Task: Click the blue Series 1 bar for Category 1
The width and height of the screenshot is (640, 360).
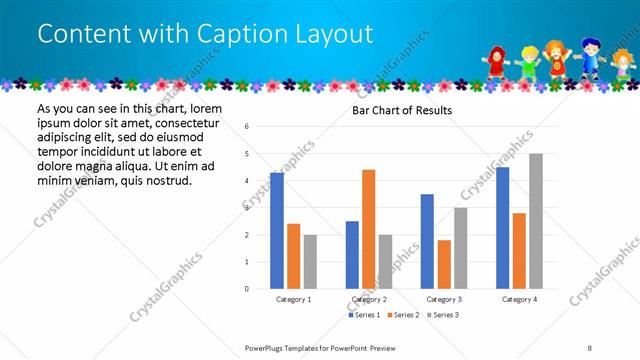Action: [277, 231]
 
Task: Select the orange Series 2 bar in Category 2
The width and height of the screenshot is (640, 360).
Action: [368, 229]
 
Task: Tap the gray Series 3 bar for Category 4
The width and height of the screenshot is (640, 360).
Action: [536, 221]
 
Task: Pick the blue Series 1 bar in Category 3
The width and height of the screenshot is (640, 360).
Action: [427, 241]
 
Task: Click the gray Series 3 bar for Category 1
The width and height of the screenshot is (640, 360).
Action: [310, 262]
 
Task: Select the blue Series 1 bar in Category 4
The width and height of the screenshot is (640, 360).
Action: [502, 228]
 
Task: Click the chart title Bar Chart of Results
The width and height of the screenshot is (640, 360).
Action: [402, 110]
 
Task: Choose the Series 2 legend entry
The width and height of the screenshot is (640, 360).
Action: [403, 315]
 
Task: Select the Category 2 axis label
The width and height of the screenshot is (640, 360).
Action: [368, 299]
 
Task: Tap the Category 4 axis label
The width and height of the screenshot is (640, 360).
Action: [519, 299]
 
